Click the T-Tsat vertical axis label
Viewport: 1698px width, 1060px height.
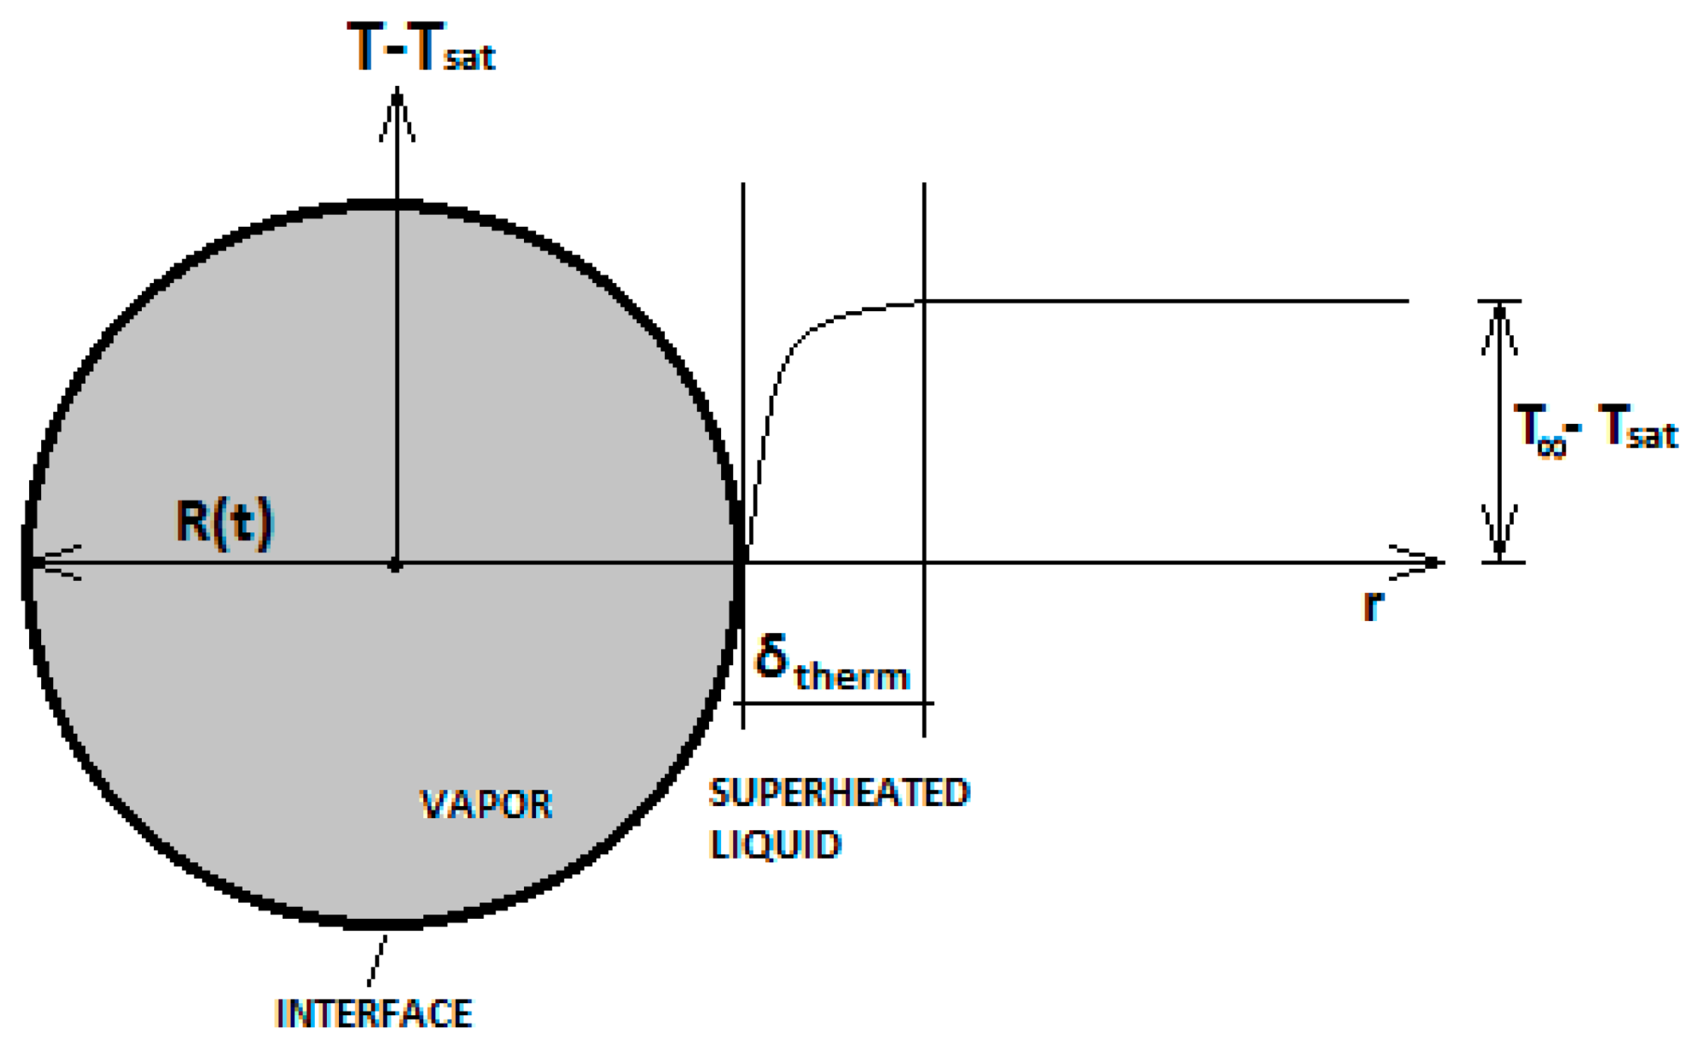pyautogui.click(x=421, y=47)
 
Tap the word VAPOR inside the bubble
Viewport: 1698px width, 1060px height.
pyautogui.click(x=486, y=805)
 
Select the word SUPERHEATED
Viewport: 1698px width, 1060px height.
pyautogui.click(x=839, y=793)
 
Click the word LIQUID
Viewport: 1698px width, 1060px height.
pyautogui.click(x=775, y=845)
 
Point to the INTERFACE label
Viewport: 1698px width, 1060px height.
pyautogui.click(x=374, y=1014)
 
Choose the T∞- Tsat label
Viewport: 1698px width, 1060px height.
pyautogui.click(x=1595, y=428)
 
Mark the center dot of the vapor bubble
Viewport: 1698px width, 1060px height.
pyautogui.click(x=396, y=566)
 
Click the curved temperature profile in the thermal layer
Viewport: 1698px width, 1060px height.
pyautogui.click(x=791, y=351)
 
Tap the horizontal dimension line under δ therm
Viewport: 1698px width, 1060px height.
pyautogui.click(x=833, y=703)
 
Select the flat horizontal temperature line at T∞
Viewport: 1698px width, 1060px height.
pyautogui.click(x=1164, y=301)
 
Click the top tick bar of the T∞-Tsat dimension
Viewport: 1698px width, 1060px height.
pyautogui.click(x=1499, y=301)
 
